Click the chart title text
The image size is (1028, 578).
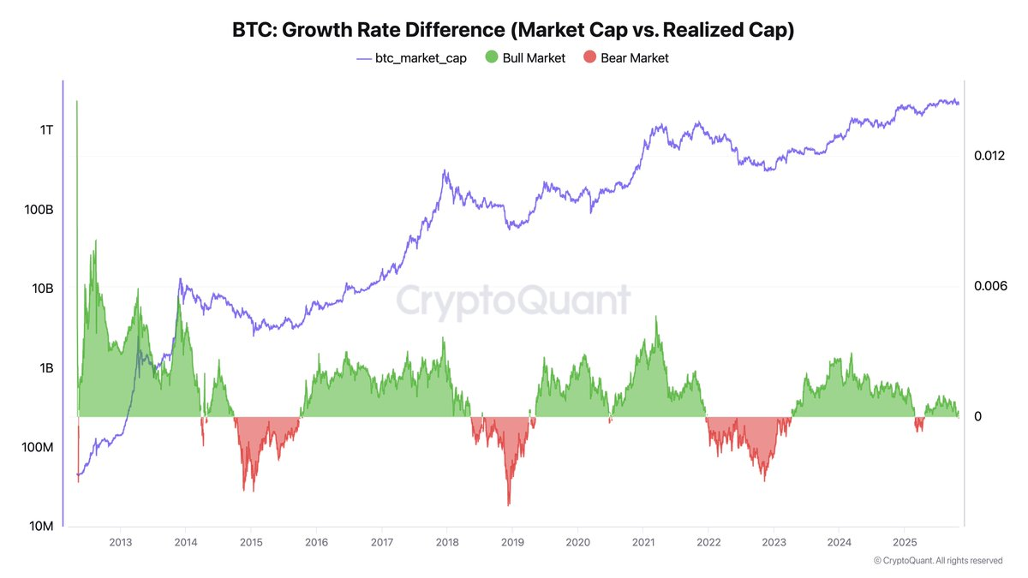point(513,30)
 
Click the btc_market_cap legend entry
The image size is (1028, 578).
point(412,58)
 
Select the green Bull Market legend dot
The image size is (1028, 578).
point(492,57)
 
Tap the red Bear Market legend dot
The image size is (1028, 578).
point(589,57)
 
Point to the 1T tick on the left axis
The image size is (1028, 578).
point(46,130)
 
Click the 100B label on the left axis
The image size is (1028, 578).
point(39,210)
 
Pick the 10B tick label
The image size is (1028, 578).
point(43,289)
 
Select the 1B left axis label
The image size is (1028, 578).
point(46,368)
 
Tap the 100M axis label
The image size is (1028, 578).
point(38,447)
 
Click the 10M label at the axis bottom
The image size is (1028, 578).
point(41,526)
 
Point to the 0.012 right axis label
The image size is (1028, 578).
point(989,156)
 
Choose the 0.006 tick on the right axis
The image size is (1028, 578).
point(990,286)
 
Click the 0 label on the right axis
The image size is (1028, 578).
point(978,416)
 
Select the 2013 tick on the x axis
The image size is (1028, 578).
point(120,543)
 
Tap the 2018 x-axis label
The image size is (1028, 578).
point(447,543)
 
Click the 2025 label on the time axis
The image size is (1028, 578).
point(905,543)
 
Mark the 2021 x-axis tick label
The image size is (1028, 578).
point(643,543)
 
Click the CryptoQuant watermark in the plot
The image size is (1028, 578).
point(513,301)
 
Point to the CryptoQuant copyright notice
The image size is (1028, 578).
point(938,561)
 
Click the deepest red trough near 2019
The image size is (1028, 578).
point(509,505)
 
